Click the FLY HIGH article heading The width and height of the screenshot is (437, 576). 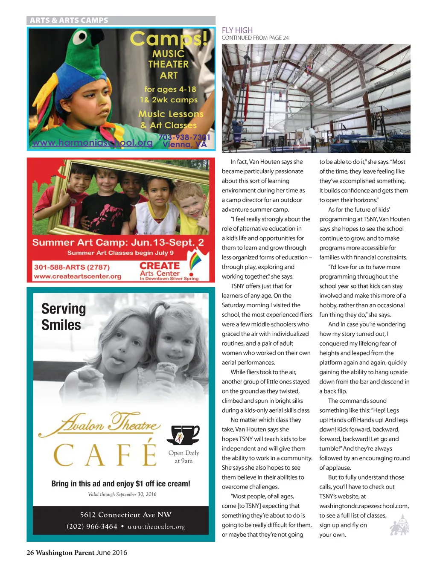(237, 30)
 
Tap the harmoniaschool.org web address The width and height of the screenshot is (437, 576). (92, 143)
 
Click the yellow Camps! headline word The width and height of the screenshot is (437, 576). (169, 39)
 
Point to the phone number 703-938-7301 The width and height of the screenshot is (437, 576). (184, 137)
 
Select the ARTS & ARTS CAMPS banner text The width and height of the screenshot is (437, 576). (69, 20)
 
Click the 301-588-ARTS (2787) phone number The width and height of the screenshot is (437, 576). (72, 267)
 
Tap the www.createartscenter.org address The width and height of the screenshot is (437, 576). (77, 276)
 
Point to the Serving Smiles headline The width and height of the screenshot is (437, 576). (63, 317)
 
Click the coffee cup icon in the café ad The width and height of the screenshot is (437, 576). (183, 435)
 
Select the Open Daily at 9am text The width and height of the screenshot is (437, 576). (184, 457)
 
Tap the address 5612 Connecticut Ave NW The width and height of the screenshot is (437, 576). (125, 515)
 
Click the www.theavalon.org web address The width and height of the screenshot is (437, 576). (156, 527)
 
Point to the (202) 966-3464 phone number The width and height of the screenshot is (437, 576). (92, 527)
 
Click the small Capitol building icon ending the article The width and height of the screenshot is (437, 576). (400, 525)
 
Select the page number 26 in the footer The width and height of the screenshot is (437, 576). (30, 553)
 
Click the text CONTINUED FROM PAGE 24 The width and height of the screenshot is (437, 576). (255, 38)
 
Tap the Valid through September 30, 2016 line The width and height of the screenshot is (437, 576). (122, 495)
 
